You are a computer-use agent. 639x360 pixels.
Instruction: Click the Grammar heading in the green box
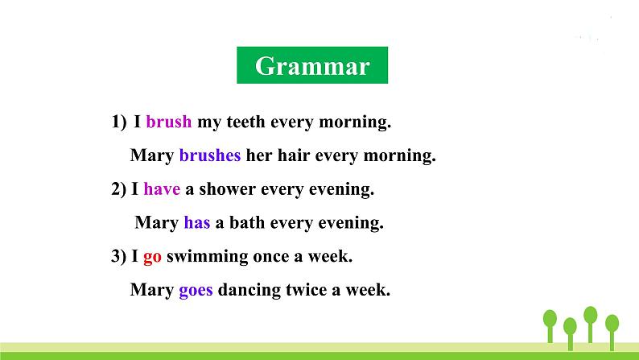(x=311, y=66)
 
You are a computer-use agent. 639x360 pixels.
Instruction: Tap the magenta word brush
(x=169, y=122)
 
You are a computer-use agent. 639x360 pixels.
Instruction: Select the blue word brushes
(x=209, y=155)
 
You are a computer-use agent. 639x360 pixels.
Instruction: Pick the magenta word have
(x=162, y=189)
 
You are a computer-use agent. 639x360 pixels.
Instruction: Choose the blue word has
(x=196, y=222)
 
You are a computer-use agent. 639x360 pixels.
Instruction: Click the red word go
(x=153, y=256)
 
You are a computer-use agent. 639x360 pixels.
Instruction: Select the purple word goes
(x=196, y=290)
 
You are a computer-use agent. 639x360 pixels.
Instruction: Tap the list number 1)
(x=119, y=122)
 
